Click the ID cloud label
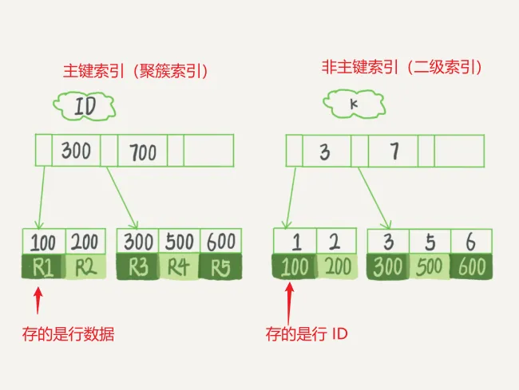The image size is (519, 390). (83, 107)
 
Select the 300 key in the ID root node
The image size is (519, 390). (76, 151)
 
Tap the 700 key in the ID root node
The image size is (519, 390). (142, 152)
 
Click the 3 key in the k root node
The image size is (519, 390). (325, 152)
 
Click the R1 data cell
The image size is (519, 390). (42, 267)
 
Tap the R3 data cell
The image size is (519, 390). (137, 267)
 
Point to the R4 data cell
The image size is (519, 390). (179, 267)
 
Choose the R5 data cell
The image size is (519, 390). (220, 267)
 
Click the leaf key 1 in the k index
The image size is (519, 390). (294, 242)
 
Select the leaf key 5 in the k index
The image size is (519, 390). (430, 242)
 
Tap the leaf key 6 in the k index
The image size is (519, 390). (471, 242)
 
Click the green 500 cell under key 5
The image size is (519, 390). (430, 267)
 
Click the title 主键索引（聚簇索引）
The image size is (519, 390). (135, 70)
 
